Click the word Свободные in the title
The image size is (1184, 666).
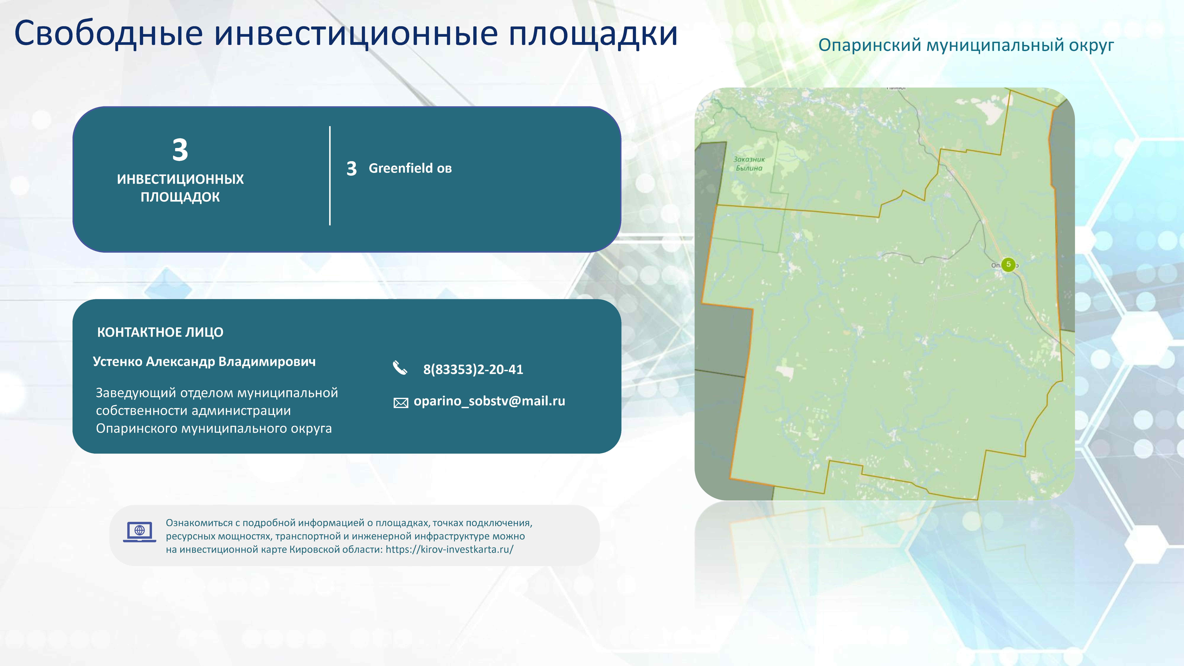108,34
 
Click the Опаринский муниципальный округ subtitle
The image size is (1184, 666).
966,45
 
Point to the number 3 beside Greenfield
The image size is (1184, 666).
352,169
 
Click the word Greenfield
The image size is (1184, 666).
400,168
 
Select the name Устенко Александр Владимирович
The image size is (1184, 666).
204,362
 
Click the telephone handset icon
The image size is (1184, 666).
400,368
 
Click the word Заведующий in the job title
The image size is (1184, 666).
136,393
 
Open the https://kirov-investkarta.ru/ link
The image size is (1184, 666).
449,549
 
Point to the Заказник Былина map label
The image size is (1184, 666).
749,164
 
